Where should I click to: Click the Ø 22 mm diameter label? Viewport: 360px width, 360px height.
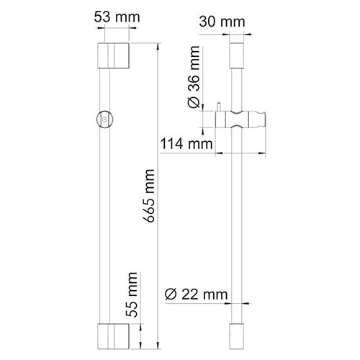[196, 294]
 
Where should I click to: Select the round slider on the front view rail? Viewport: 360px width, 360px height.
[105, 120]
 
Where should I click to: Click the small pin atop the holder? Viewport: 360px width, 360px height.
[216, 107]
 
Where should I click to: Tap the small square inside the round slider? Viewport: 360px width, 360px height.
[105, 120]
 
